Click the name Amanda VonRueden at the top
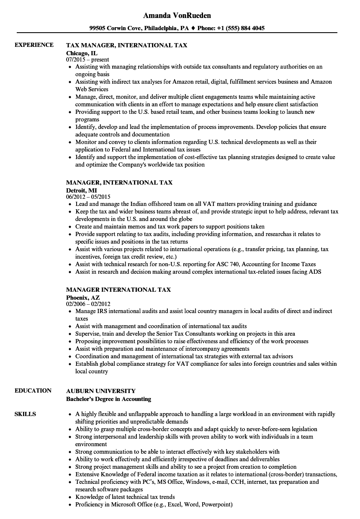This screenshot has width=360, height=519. (177, 15)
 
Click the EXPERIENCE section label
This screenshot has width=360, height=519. (34, 45)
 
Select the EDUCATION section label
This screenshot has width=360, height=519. (33, 391)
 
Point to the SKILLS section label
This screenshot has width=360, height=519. (25, 414)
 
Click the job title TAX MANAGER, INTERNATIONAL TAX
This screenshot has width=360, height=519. (126, 45)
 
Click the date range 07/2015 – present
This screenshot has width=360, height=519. (87, 59)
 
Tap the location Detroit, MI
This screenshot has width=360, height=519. (81, 190)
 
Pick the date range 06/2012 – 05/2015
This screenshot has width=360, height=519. (88, 197)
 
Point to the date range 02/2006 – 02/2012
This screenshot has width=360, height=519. (88, 304)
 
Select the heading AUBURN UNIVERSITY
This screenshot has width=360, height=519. (101, 391)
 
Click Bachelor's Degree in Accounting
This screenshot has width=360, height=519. (108, 399)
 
